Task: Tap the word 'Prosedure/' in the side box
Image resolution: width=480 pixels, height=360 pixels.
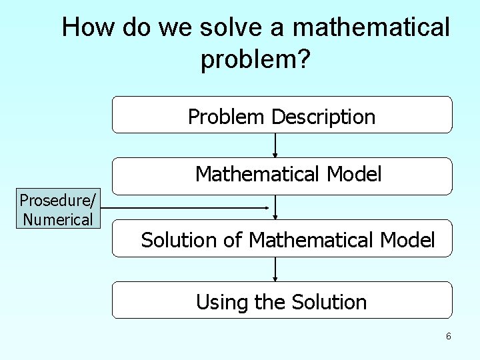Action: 58,200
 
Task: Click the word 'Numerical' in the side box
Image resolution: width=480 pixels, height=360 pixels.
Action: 58,219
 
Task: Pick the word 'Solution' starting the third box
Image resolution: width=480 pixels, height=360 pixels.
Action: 179,240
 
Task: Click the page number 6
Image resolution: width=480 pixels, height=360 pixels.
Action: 449,337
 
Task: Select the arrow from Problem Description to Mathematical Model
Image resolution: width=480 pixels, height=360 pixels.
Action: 275,145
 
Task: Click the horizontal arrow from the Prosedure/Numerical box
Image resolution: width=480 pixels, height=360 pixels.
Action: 187,208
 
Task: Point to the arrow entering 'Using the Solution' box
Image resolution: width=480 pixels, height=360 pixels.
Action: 275,269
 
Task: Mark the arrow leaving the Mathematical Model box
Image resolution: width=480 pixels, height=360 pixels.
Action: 275,207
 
